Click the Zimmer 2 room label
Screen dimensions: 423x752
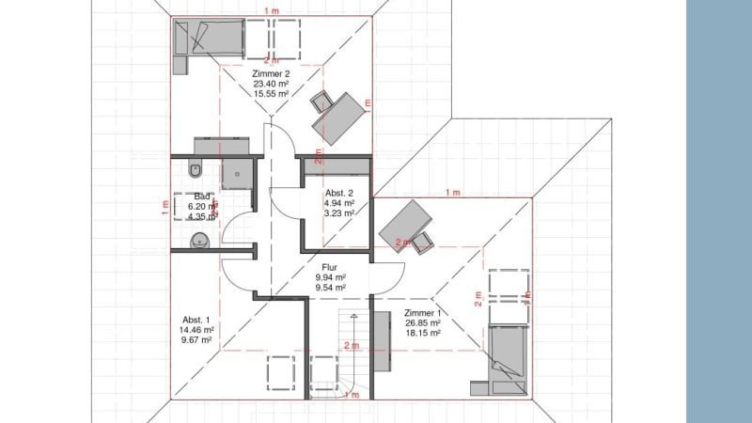[x=270, y=73]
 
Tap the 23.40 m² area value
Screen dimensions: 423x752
[x=271, y=84]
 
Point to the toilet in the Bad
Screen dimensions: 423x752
[x=195, y=170]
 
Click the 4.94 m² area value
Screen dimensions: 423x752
[x=338, y=202]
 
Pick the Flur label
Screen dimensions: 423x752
[x=330, y=267]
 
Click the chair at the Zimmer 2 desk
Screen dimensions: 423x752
[x=324, y=102]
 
